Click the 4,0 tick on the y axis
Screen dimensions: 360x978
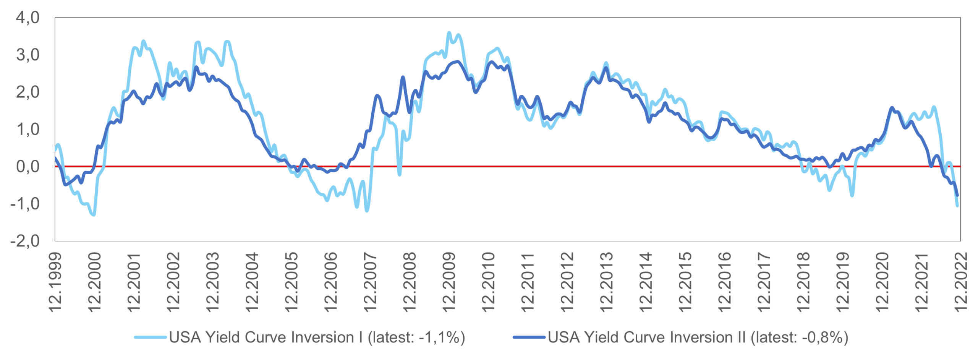click(28, 18)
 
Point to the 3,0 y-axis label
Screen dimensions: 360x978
click(28, 55)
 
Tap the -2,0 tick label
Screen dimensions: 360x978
click(25, 241)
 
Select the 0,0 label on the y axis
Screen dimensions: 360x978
click(28, 167)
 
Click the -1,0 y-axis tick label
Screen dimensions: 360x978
click(25, 204)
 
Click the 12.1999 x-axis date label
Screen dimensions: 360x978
click(56, 282)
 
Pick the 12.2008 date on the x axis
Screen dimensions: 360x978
click(410, 282)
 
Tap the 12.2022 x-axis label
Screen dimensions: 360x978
click(960, 282)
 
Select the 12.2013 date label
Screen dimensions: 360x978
click(606, 282)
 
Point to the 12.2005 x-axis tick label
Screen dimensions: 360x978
click(291, 282)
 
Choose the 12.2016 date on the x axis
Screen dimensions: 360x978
click(724, 282)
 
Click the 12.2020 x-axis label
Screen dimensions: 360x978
click(882, 282)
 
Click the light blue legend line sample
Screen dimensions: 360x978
click(150, 337)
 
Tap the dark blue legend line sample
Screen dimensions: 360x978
click(529, 337)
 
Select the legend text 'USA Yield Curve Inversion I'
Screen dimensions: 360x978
click(266, 337)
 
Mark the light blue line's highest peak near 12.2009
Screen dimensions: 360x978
click(449, 33)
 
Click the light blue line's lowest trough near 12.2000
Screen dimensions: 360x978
click(94, 215)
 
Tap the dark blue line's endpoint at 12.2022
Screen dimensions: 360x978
click(957, 195)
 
